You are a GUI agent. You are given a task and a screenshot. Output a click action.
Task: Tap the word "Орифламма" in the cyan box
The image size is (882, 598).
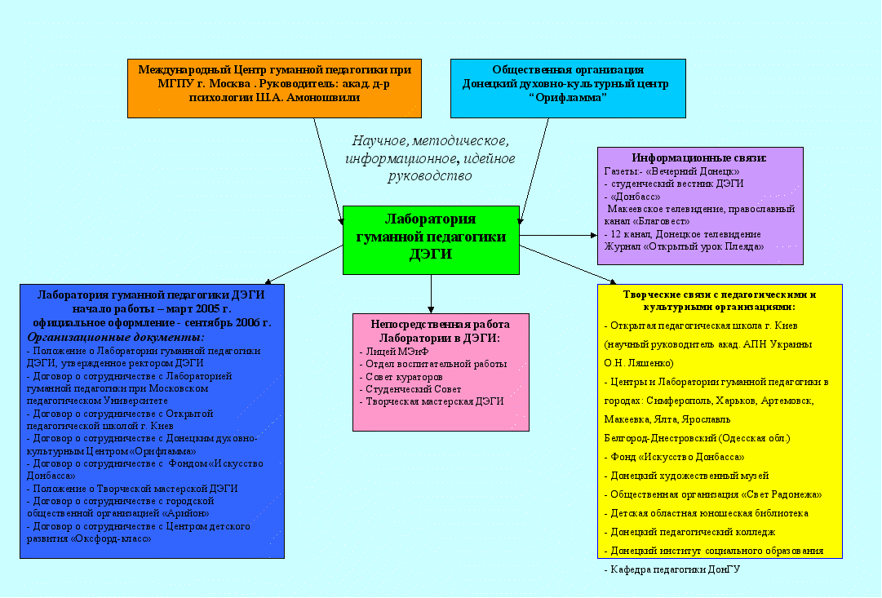[568, 97]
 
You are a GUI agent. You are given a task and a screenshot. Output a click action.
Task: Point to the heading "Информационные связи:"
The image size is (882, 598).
[699, 157]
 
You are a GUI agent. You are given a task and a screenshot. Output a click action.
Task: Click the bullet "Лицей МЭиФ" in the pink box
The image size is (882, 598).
[397, 352]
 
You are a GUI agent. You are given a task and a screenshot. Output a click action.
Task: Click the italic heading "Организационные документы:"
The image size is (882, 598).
[116, 337]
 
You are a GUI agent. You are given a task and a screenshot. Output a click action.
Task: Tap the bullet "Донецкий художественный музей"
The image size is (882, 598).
[689, 476]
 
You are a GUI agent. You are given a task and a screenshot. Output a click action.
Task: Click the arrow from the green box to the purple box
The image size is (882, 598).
[559, 235]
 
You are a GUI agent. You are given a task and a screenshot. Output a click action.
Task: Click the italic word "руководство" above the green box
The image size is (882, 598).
[430, 175]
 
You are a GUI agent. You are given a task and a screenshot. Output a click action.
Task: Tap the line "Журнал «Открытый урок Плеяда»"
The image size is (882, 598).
[684, 246]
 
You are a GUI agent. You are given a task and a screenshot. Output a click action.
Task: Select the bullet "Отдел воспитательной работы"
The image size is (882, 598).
[436, 364]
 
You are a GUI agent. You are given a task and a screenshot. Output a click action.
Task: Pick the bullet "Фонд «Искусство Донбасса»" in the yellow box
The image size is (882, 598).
[676, 457]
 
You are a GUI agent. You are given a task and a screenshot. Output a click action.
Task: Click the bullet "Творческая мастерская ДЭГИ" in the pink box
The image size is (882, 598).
[434, 401]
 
